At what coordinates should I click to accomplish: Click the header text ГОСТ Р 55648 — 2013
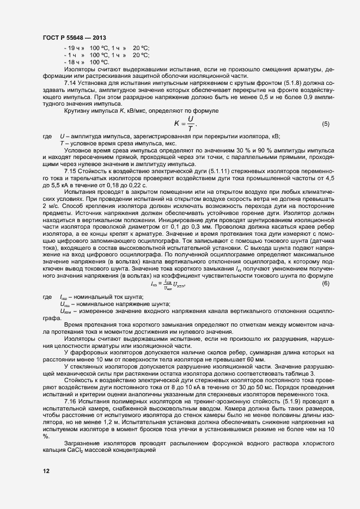click(74, 38)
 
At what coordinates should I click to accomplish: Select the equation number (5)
click(325, 124)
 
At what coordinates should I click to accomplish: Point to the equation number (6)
click(325, 284)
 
